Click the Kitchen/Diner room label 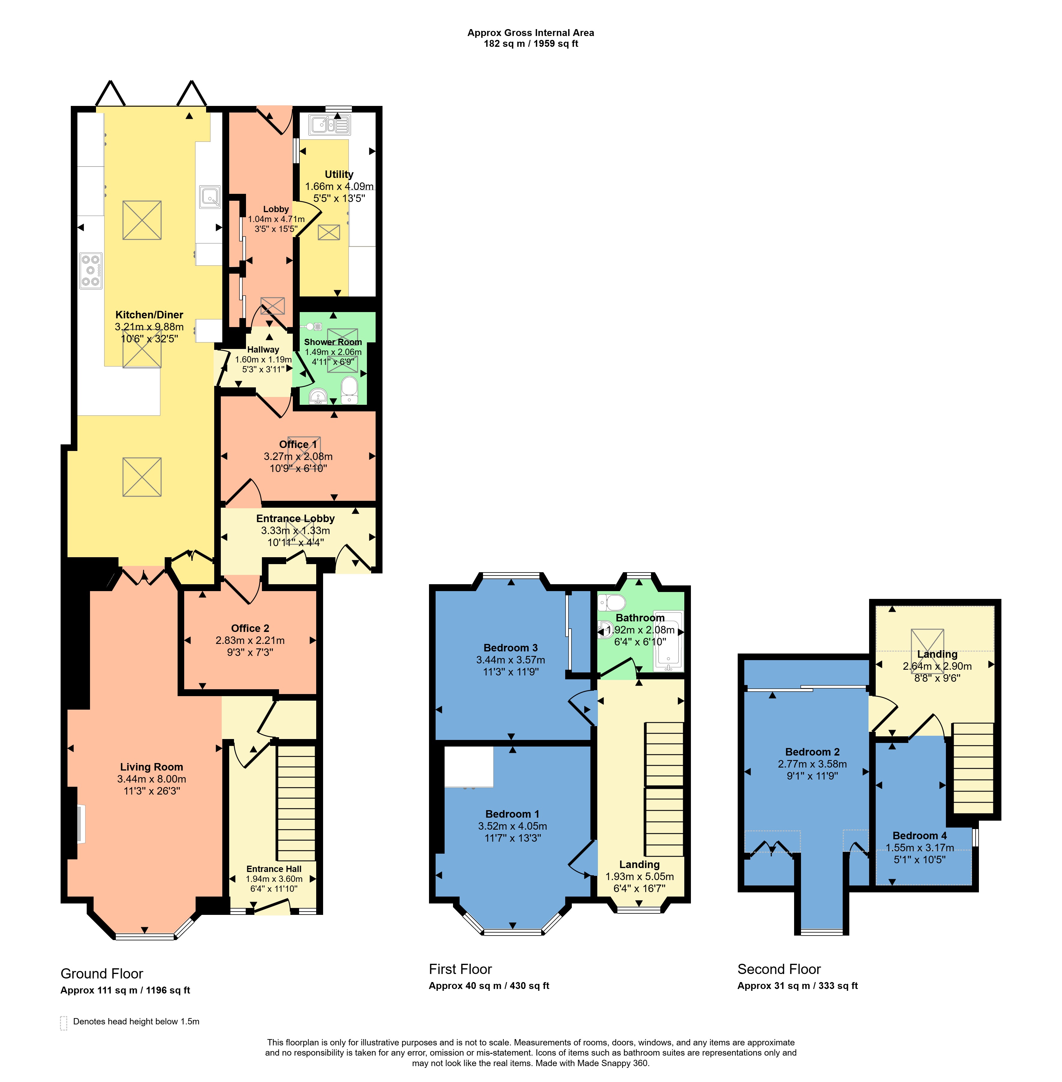pos(149,314)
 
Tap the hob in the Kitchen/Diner pos(91,271)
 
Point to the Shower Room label pos(333,342)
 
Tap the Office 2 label pos(250,628)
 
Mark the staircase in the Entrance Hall pos(296,803)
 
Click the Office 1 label pos(298,444)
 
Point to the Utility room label pos(339,174)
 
